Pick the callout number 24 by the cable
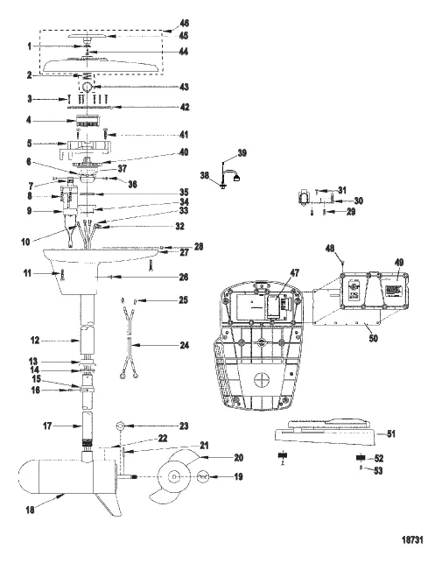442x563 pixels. (184, 346)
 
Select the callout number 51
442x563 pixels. (390, 433)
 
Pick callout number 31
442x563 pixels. (343, 190)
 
